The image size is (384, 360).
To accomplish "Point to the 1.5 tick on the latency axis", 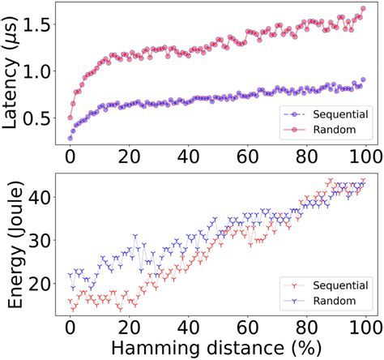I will (41, 26).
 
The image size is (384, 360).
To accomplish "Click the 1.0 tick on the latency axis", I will (41, 71).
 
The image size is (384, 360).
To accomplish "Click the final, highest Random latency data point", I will (363, 9).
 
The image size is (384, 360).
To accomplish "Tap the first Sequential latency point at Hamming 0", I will (70, 138).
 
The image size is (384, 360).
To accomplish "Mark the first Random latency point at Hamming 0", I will (70, 118).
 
